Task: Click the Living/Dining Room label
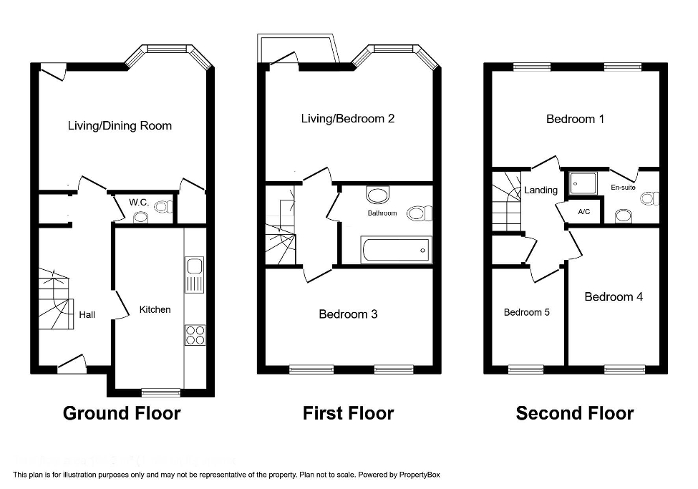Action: (x=120, y=126)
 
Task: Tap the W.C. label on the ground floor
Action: (x=139, y=203)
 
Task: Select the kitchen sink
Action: (x=194, y=274)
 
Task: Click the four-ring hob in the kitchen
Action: (x=194, y=334)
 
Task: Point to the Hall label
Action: (x=87, y=314)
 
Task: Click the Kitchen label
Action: (x=155, y=309)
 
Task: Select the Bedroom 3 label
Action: (x=348, y=314)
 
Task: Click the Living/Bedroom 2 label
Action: (x=348, y=119)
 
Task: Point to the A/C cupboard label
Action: (x=583, y=213)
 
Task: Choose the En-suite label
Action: (x=623, y=188)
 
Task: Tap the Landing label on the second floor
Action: (x=541, y=190)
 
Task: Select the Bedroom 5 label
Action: (x=527, y=312)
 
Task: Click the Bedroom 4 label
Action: (x=614, y=296)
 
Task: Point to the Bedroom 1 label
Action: (x=575, y=119)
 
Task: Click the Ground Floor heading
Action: (x=122, y=413)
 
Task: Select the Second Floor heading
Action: (x=575, y=413)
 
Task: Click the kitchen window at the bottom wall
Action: (x=160, y=392)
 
